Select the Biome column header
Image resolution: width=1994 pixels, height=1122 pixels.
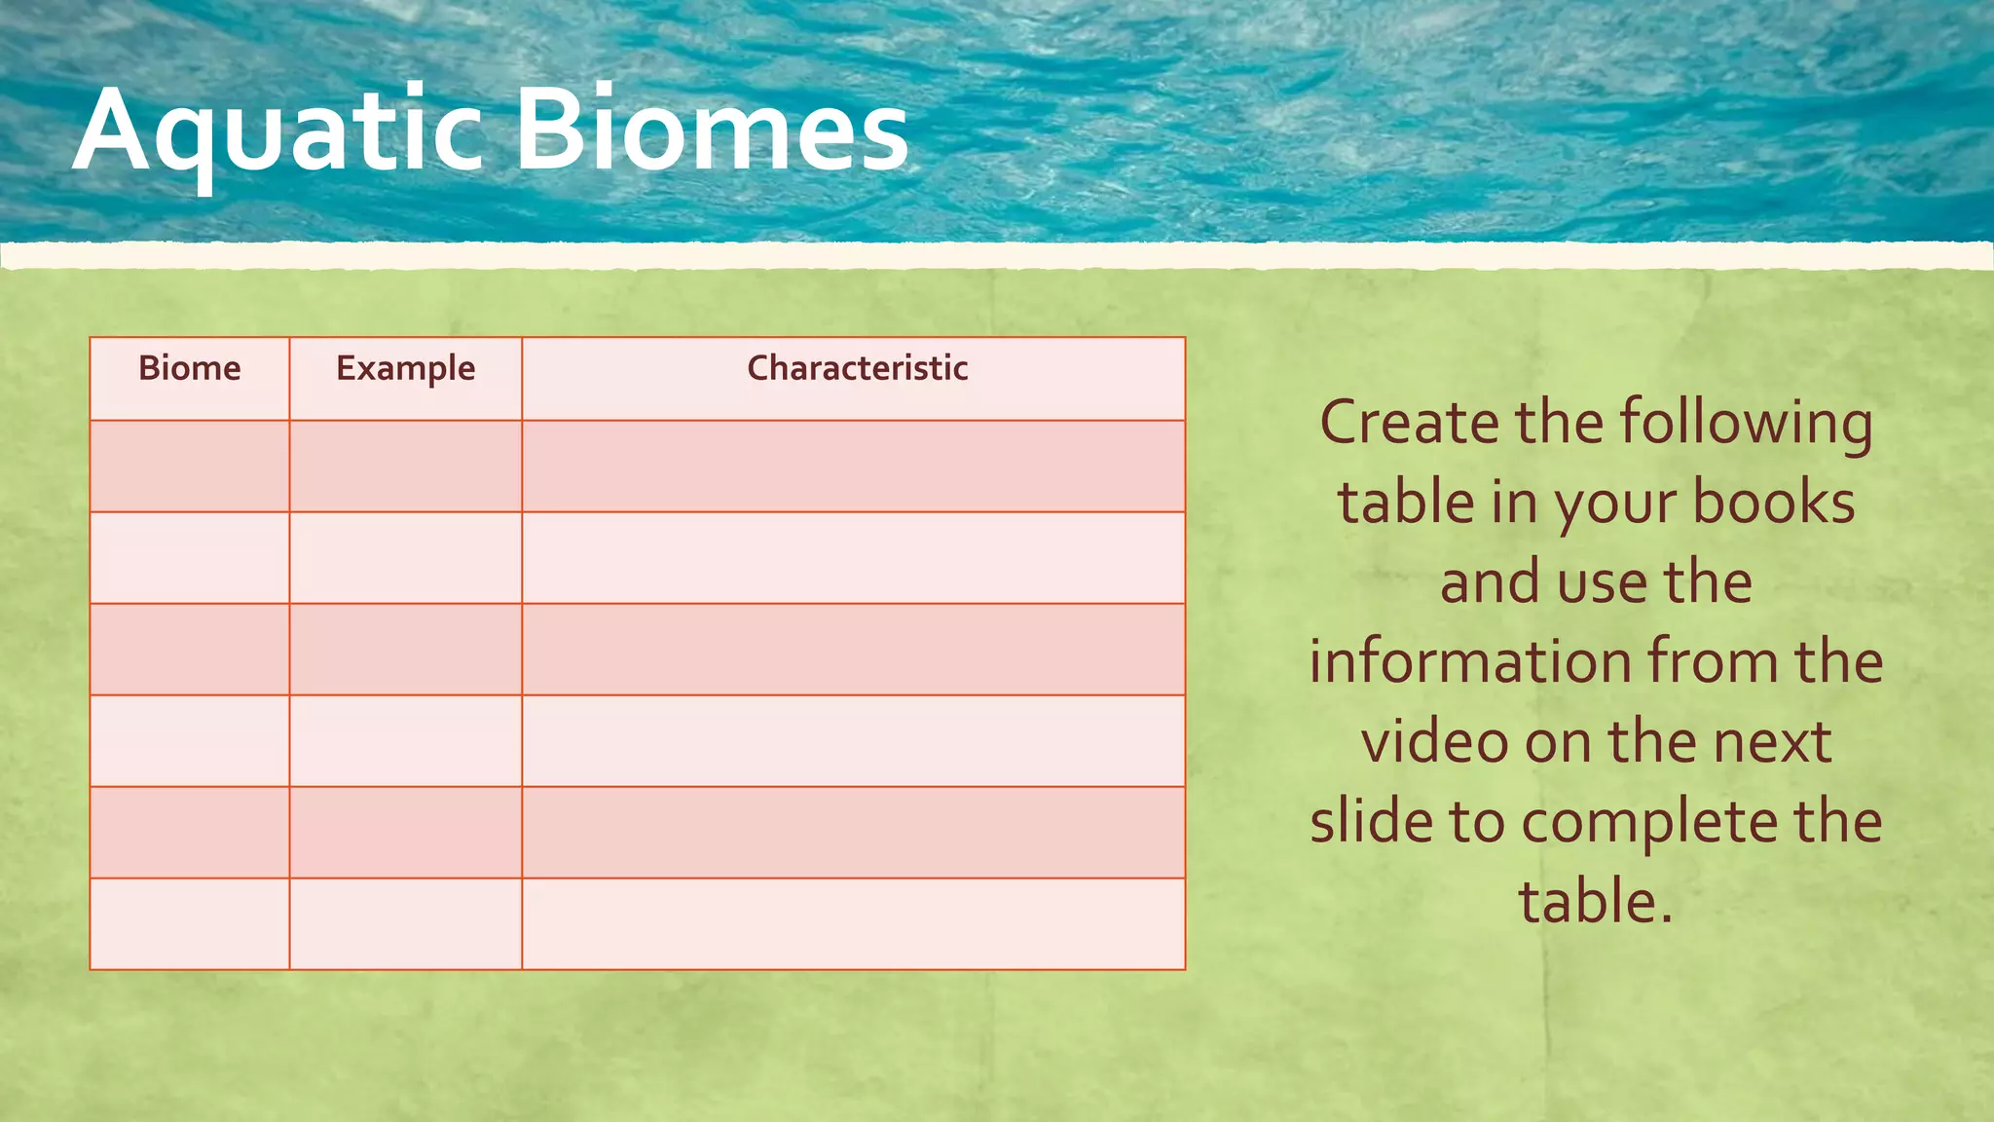(x=190, y=368)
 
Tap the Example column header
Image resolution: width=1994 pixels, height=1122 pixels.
(x=405, y=369)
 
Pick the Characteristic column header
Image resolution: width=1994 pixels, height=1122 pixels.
(x=857, y=368)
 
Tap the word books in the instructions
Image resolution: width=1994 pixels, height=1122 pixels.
(x=1773, y=503)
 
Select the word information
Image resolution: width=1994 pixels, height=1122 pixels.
(x=1469, y=661)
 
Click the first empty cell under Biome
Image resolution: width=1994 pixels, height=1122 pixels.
(x=190, y=467)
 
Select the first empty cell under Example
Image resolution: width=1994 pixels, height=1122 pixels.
(x=405, y=467)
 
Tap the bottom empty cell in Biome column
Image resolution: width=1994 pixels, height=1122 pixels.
(x=190, y=924)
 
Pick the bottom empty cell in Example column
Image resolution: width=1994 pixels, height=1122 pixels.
(x=405, y=924)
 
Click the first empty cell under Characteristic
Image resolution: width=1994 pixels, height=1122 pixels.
(x=853, y=467)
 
